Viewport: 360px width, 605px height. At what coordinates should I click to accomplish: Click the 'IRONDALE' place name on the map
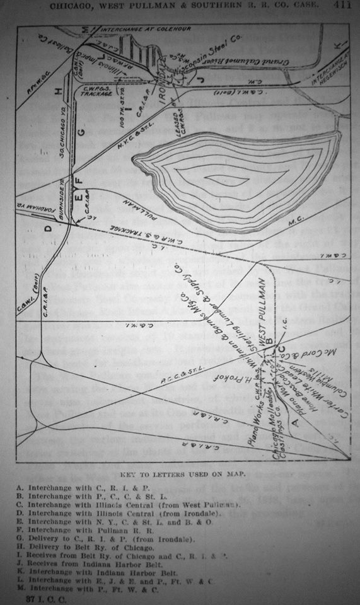pos(166,80)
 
